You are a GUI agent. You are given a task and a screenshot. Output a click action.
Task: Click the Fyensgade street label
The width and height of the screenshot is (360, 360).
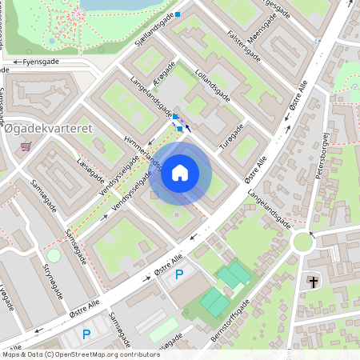point(42,61)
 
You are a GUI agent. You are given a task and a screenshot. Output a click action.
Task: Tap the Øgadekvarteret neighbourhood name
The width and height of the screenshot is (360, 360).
point(50,128)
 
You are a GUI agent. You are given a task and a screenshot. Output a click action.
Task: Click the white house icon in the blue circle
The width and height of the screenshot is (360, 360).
point(180,174)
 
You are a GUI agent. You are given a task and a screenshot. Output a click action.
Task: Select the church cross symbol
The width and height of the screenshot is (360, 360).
point(313,282)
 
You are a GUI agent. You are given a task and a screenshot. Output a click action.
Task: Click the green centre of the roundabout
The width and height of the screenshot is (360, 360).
point(303,241)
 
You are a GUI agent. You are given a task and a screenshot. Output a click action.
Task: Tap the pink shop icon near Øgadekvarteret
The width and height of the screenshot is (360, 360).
point(26,147)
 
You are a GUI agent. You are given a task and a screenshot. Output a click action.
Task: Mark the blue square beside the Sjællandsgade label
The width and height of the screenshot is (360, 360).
point(178,14)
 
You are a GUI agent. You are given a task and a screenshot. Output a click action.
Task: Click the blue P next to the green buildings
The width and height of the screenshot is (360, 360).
point(179,274)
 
